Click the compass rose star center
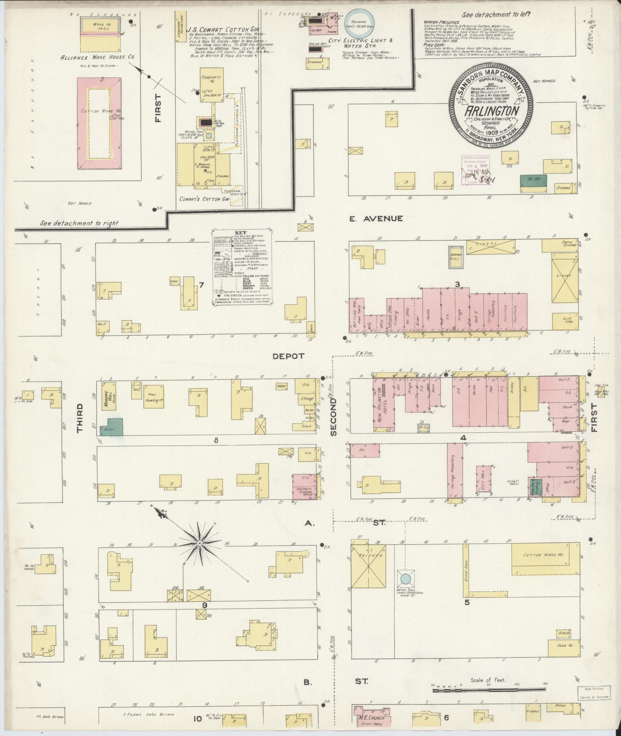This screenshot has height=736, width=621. (x=200, y=543)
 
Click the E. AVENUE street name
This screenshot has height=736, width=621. (x=376, y=219)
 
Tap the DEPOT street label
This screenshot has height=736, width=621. (x=288, y=356)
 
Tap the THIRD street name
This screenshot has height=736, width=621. (x=80, y=418)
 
